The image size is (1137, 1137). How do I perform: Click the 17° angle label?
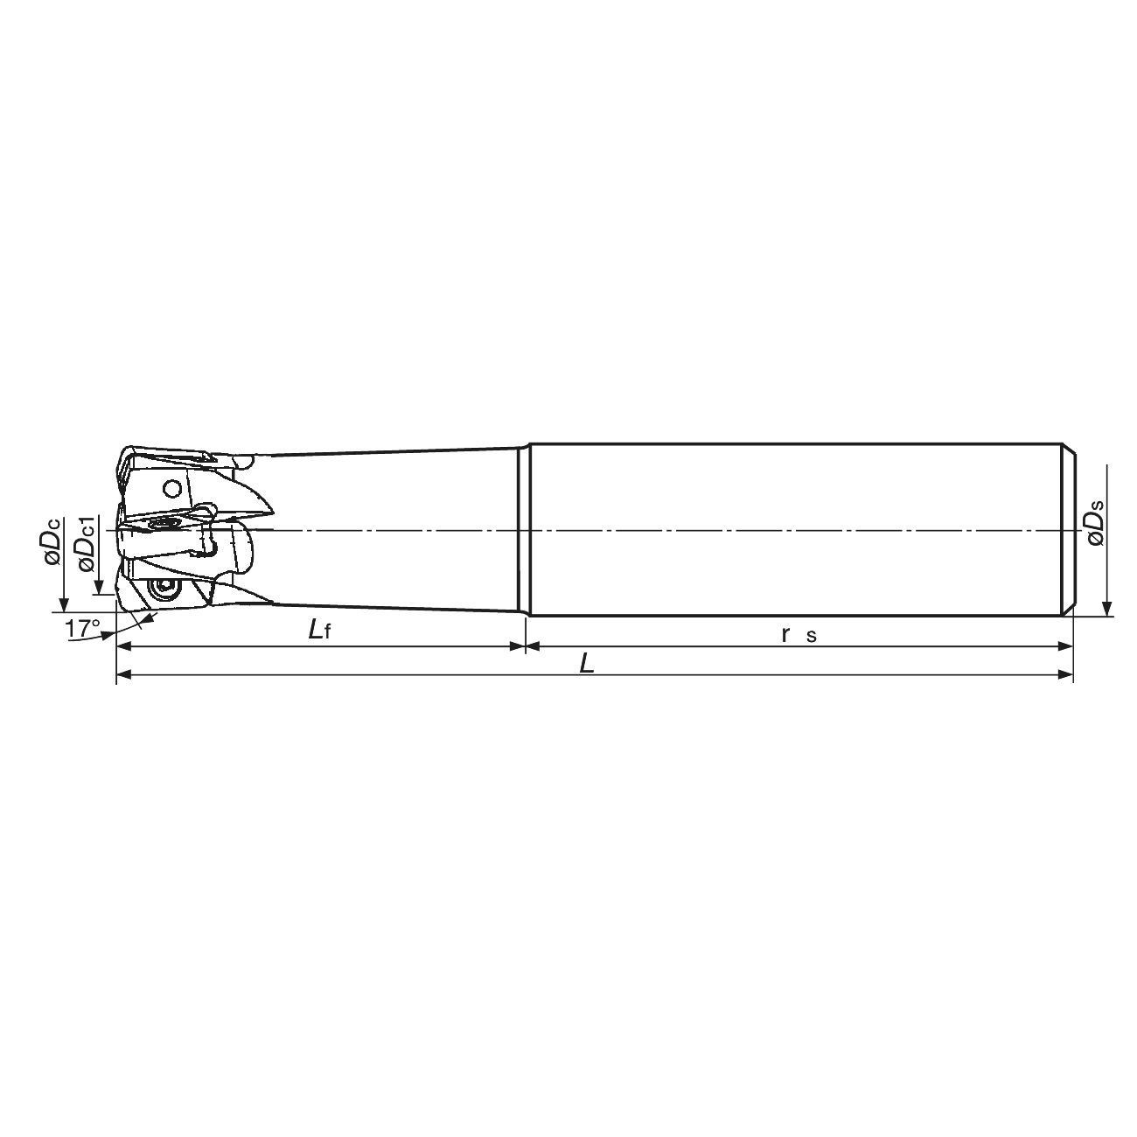(82, 629)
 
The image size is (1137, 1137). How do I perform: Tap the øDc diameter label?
(52, 541)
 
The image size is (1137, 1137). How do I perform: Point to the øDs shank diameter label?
(1093, 523)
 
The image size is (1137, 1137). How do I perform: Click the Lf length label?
(319, 631)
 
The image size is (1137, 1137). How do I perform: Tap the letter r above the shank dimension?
(785, 634)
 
